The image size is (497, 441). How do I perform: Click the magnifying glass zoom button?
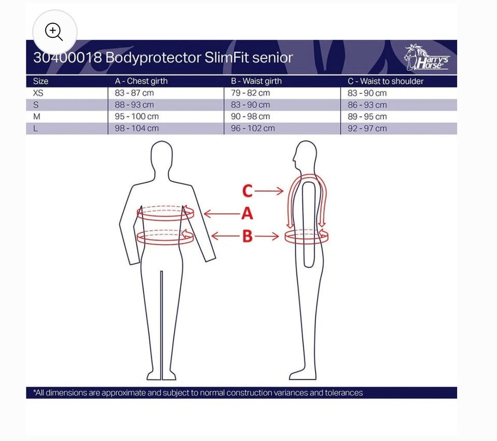(x=54, y=32)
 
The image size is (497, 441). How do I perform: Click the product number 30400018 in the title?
(x=67, y=58)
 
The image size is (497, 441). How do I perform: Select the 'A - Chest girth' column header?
(x=141, y=81)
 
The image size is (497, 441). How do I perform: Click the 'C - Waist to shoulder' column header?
(x=385, y=81)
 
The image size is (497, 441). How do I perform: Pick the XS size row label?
(x=38, y=93)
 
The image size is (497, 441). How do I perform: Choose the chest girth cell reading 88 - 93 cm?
(x=134, y=105)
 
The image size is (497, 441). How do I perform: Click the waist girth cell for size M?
(x=251, y=117)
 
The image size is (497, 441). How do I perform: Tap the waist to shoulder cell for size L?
(x=367, y=129)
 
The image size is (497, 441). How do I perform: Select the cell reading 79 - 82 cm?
(x=251, y=93)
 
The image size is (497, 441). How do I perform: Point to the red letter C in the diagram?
(x=247, y=191)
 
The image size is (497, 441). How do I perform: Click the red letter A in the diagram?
(x=247, y=213)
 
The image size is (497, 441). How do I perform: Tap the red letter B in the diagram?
(x=247, y=236)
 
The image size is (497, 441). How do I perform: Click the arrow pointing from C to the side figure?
(x=269, y=191)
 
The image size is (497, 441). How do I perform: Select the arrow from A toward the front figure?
(x=222, y=214)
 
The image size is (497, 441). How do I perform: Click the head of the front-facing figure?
(x=162, y=155)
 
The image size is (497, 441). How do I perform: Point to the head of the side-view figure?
(x=305, y=155)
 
